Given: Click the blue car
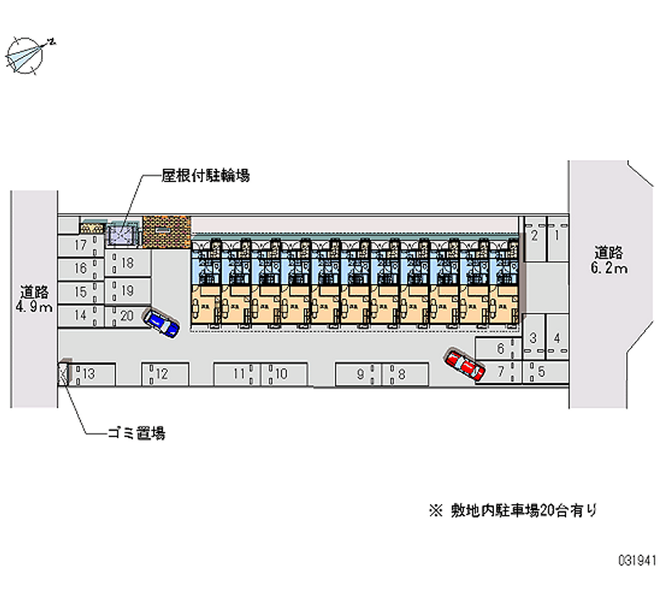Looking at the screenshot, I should click(161, 322).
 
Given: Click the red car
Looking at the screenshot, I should click(464, 365).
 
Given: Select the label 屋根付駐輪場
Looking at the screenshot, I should click(206, 175).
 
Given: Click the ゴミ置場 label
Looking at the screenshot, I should click(136, 432).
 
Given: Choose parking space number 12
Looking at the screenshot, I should click(162, 374).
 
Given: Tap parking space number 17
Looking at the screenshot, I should click(81, 246).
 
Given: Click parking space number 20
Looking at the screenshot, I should click(127, 315).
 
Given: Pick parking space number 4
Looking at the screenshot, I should click(558, 337).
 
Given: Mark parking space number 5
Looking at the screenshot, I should click(541, 371).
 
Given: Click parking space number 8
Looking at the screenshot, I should click(401, 374).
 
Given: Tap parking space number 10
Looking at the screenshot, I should click(281, 374).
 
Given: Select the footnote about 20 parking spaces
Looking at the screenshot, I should click(512, 511).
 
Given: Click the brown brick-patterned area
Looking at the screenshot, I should click(166, 232).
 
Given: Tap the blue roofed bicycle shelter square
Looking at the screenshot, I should click(122, 236).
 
